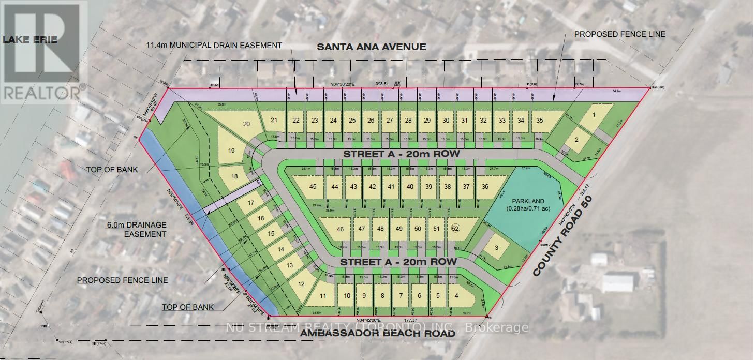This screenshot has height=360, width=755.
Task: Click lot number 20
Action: coord(246,124)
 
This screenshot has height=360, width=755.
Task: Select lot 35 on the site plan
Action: coord(540,121)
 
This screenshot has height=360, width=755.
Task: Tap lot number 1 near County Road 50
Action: coord(594,115)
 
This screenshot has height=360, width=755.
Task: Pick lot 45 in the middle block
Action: coord(313,187)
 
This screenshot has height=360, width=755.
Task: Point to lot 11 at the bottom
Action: coord(323,296)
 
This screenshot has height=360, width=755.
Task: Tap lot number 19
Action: coord(231,151)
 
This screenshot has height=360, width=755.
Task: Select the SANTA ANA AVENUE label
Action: coord(371,47)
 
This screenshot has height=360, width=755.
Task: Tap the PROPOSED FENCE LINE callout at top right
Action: coord(619,34)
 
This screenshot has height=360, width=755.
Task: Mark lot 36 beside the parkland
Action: coord(485,187)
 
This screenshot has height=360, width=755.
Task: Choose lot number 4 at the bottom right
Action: coord(456,296)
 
